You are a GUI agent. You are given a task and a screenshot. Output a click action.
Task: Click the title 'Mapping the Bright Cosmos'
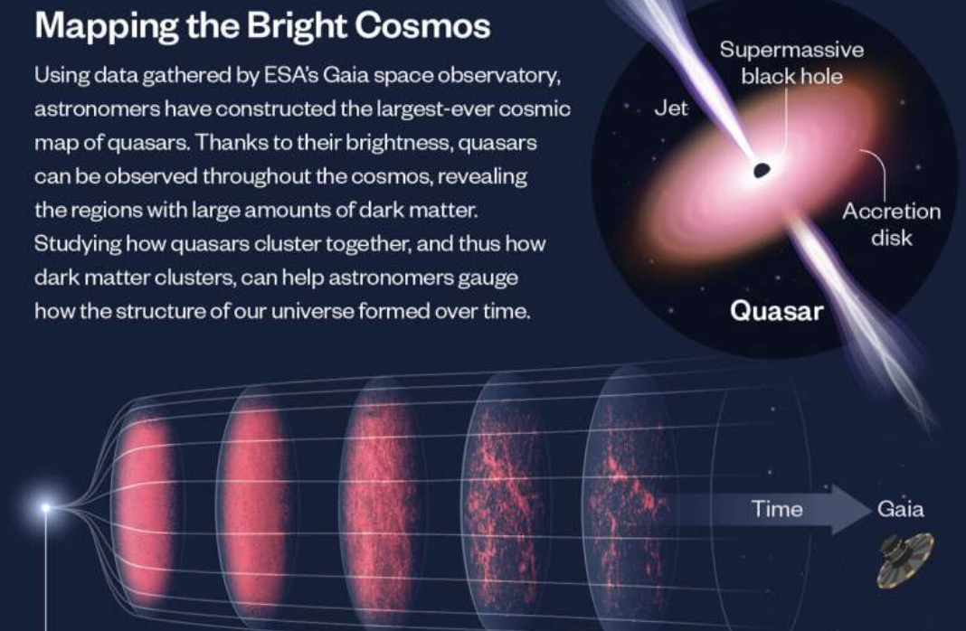pyautogui.click(x=262, y=26)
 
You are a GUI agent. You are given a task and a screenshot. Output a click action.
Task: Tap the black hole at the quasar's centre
pyautogui.click(x=762, y=170)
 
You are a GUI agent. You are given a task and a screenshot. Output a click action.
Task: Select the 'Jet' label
pyautogui.click(x=671, y=108)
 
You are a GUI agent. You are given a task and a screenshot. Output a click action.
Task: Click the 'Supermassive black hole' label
pyautogui.click(x=791, y=62)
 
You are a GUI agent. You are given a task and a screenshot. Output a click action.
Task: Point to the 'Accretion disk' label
pyautogui.click(x=892, y=224)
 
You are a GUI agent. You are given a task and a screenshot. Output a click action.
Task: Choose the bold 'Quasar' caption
pyautogui.click(x=776, y=311)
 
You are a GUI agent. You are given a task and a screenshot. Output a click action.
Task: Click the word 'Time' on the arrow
pyautogui.click(x=777, y=509)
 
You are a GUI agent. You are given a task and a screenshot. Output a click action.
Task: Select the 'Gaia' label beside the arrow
pyautogui.click(x=900, y=509)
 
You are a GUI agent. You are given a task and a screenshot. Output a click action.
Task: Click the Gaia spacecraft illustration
pyautogui.click(x=905, y=560)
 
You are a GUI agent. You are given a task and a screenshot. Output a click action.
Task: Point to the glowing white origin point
pyautogui.click(x=45, y=508)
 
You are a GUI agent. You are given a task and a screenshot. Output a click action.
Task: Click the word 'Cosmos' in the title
pyautogui.click(x=422, y=26)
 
